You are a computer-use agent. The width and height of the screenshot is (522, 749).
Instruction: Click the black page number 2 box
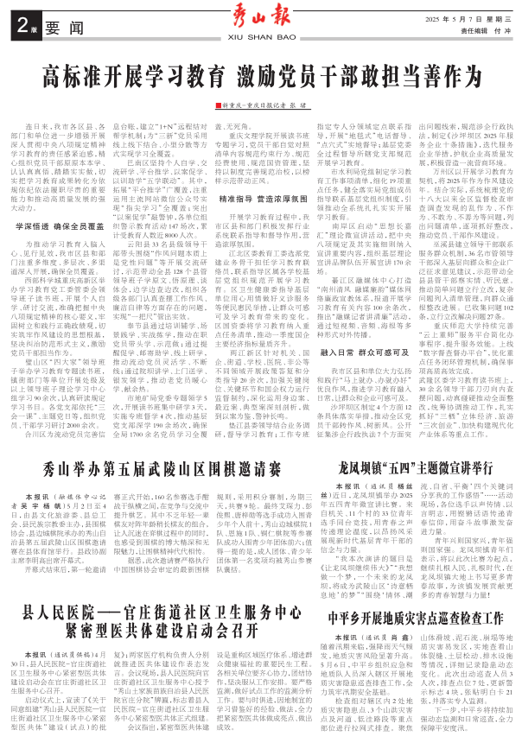click(22, 26)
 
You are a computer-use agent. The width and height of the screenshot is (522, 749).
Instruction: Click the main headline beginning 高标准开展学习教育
click(260, 72)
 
